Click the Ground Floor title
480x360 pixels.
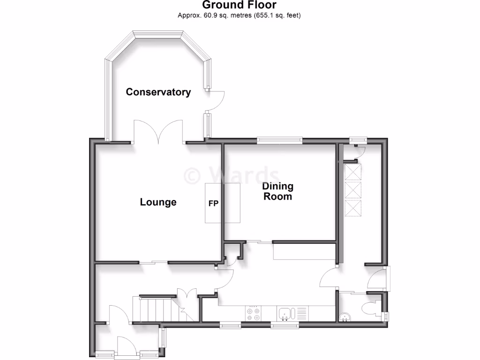click(x=239, y=5)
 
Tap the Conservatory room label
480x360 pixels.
click(x=158, y=92)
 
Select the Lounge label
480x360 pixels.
click(x=158, y=202)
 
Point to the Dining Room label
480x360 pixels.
click(x=278, y=191)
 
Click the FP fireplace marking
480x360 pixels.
click(x=214, y=204)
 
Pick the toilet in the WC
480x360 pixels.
click(x=372, y=308)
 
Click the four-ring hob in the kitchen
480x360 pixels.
click(x=254, y=313)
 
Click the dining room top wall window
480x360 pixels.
click(x=279, y=139)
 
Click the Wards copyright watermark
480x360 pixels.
click(x=232, y=175)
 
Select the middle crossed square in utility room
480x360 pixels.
click(x=353, y=190)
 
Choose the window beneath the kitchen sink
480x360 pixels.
click(x=284, y=324)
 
